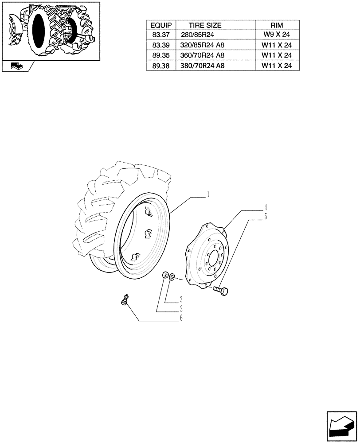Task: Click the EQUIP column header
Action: tap(160, 25)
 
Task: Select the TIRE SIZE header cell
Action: tap(205, 25)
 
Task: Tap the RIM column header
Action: tap(276, 25)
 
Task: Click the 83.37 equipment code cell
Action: tap(160, 35)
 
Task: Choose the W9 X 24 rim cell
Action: tap(276, 35)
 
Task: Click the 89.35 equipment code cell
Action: tap(160, 55)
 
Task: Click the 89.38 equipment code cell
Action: tap(160, 66)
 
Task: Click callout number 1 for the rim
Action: tap(208, 194)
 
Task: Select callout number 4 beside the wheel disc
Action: tap(266, 207)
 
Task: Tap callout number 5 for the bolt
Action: tap(266, 217)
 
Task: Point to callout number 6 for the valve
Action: tap(181, 318)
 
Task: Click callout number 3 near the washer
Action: tap(181, 299)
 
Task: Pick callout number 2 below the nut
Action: tap(181, 308)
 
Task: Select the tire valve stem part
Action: tap(125, 300)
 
